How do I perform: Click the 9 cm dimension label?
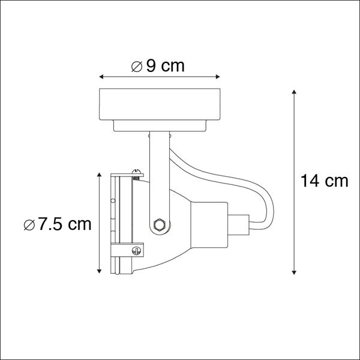pos(163,66)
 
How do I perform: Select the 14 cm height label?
pos(325,181)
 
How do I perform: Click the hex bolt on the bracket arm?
pos(159,224)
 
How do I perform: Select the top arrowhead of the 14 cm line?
pos(294,92)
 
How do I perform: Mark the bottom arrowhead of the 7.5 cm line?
pos(100,272)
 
